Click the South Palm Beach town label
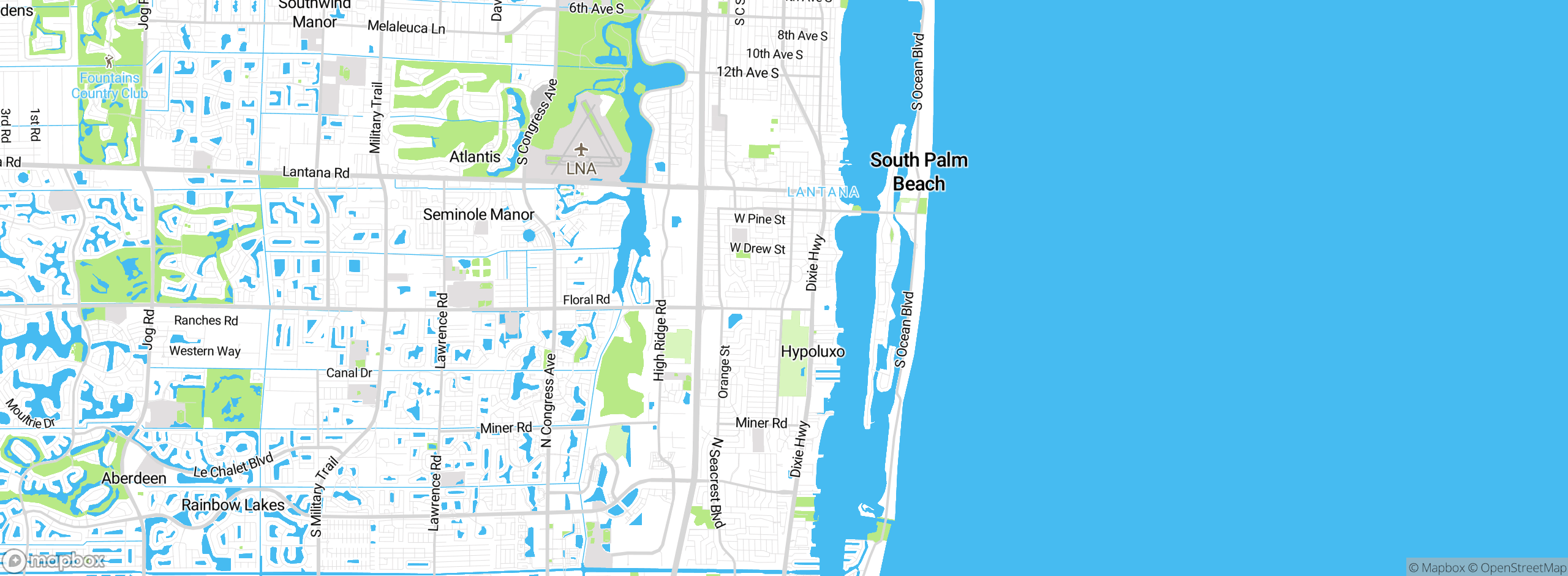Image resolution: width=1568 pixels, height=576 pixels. click(919, 172)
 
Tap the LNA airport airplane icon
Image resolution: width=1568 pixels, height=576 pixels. click(581, 150)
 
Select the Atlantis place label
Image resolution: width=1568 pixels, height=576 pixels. click(475, 157)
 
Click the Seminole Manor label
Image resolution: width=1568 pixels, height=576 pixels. click(478, 214)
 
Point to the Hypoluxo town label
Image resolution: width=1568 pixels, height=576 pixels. click(813, 352)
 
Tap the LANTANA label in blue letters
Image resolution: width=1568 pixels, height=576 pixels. click(823, 192)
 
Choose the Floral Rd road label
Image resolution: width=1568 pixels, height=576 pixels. click(586, 300)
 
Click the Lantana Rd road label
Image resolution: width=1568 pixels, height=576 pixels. click(316, 173)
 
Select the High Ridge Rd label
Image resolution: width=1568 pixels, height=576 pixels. click(660, 340)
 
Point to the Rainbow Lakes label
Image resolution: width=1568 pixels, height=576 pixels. click(233, 505)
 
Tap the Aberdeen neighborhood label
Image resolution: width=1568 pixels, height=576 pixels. click(134, 478)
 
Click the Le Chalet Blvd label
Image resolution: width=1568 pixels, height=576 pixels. click(233, 466)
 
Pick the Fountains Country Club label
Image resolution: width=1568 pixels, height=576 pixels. click(110, 86)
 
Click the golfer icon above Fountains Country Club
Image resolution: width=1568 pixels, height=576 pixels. click(109, 61)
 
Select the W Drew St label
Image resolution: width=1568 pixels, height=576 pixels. click(757, 249)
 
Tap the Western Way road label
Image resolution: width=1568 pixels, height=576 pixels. click(205, 351)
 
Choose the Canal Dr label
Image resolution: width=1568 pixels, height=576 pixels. click(349, 373)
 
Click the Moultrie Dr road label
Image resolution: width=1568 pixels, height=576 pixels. click(31, 414)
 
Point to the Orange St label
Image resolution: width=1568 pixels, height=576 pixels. click(724, 372)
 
